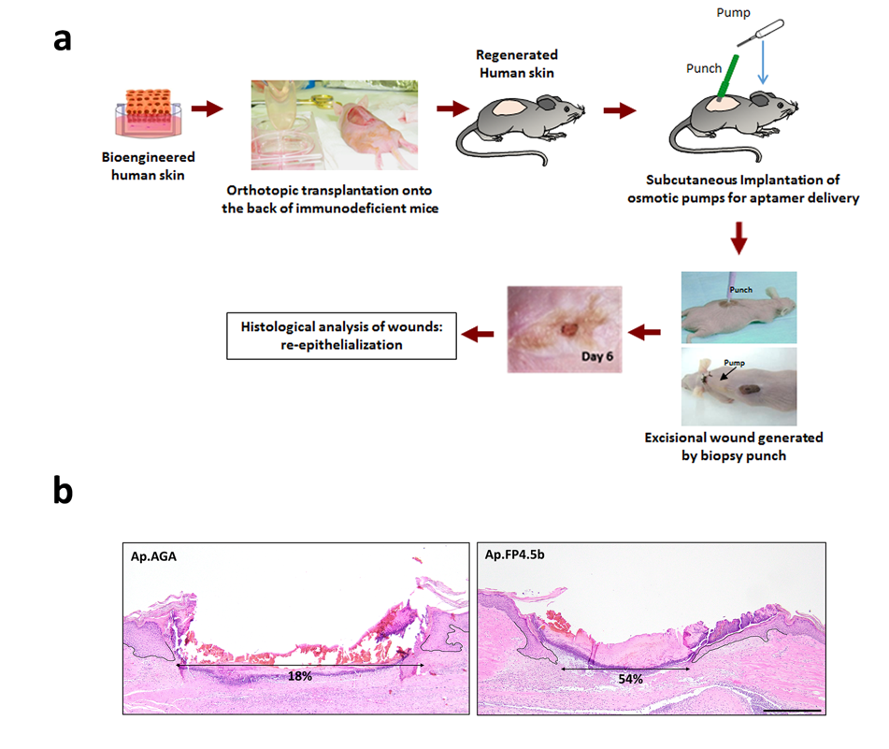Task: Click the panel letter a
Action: click(62, 39)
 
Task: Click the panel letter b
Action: click(63, 493)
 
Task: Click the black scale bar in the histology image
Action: click(793, 710)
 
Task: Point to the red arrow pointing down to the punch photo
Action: click(738, 240)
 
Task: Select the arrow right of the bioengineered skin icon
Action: click(213, 108)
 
